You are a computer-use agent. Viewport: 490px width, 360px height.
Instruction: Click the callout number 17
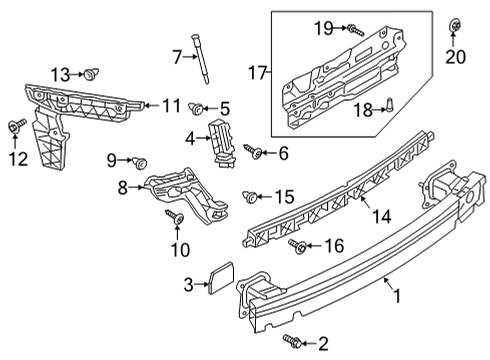pos(258,72)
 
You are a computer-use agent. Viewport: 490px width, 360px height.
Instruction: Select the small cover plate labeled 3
pos(221,278)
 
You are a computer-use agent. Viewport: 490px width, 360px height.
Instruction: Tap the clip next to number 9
pos(140,163)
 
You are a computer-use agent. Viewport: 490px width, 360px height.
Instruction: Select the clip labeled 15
pos(250,197)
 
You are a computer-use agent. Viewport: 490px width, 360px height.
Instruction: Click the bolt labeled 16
pos(298,246)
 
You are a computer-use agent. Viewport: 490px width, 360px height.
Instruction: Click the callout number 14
pos(381,217)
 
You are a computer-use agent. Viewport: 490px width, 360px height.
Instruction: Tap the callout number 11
pos(172,106)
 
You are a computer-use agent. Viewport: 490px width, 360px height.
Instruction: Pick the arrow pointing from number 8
pos(136,187)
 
